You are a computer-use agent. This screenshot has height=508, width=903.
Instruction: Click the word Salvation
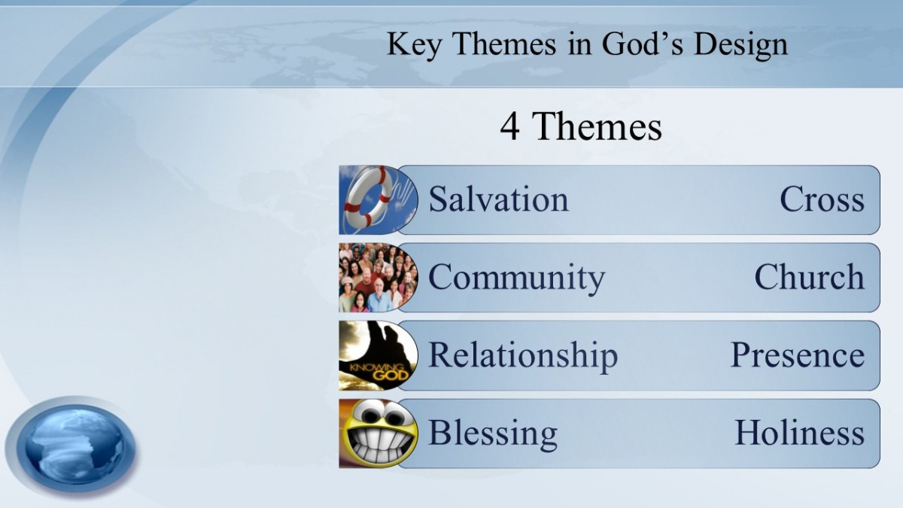498,199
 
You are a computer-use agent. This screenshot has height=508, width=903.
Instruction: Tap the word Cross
822,199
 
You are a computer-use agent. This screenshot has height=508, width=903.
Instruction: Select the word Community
516,278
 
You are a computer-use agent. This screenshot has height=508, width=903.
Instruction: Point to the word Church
810,277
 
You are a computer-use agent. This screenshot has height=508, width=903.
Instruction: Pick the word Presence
798,355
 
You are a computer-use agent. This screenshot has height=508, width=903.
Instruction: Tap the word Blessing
493,433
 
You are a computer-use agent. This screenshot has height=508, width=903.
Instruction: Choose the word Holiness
800,433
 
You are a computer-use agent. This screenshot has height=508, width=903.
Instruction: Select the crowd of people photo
378,278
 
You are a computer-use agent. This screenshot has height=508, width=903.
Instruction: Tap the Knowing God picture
378,355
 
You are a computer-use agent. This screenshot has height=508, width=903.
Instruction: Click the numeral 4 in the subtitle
510,126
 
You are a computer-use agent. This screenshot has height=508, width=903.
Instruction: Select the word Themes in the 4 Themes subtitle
597,126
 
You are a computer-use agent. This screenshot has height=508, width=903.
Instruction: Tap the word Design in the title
740,45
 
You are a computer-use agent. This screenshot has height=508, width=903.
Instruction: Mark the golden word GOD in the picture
391,376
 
